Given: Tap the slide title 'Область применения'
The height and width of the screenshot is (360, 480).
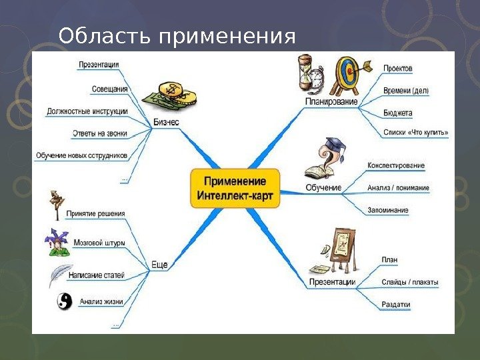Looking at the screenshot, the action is [x=177, y=37].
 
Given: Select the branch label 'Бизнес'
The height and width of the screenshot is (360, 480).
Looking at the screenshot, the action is [x=166, y=122].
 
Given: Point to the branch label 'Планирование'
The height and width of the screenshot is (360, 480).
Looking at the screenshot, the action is [x=331, y=102].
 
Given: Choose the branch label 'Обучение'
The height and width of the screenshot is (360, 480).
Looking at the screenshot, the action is [x=323, y=188].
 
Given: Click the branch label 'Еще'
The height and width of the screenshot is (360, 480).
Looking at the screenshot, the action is [x=159, y=265].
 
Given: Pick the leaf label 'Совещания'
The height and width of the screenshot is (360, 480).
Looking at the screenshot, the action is [x=110, y=89].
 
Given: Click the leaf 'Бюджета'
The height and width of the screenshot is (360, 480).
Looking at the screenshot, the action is [x=398, y=113].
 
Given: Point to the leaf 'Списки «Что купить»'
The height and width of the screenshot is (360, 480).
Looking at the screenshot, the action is [x=415, y=133].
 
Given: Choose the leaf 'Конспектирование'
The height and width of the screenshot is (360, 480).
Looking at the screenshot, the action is [x=396, y=165].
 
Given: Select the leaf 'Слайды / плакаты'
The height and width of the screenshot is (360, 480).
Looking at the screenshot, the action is [x=409, y=282].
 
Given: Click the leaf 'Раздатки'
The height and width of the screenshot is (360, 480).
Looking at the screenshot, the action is [x=396, y=305].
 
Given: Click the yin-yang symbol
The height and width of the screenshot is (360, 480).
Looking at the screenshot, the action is [x=63, y=302].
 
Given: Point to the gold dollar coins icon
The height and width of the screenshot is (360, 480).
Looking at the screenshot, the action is [x=179, y=95].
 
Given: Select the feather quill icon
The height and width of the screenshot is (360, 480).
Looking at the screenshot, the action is [x=61, y=274].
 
